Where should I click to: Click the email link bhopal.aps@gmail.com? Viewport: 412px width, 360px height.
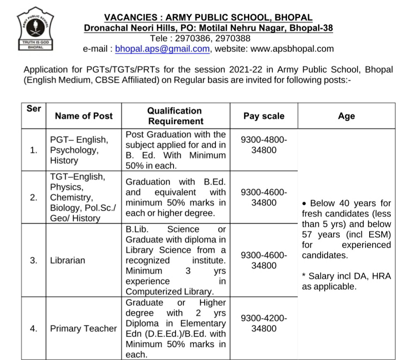tap(162, 49)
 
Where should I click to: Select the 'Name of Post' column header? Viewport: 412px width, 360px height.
tap(83, 116)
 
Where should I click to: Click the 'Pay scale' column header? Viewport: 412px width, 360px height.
tap(264, 116)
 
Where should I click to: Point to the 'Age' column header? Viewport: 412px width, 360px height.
tap(346, 116)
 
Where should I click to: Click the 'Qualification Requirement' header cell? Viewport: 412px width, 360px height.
tap(175, 116)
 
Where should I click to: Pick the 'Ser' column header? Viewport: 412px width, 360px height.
tap(34, 109)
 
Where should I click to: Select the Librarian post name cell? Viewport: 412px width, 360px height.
tap(68, 260)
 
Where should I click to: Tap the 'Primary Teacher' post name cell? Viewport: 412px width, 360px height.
tap(83, 328)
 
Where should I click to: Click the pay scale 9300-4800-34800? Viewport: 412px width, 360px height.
tap(264, 145)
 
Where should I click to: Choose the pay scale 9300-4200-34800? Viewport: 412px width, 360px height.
tap(264, 323)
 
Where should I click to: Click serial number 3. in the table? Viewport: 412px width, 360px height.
tap(34, 260)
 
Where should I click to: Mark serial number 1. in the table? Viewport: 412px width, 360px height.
tap(34, 150)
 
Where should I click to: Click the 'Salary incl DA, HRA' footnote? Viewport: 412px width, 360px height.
tap(346, 281)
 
